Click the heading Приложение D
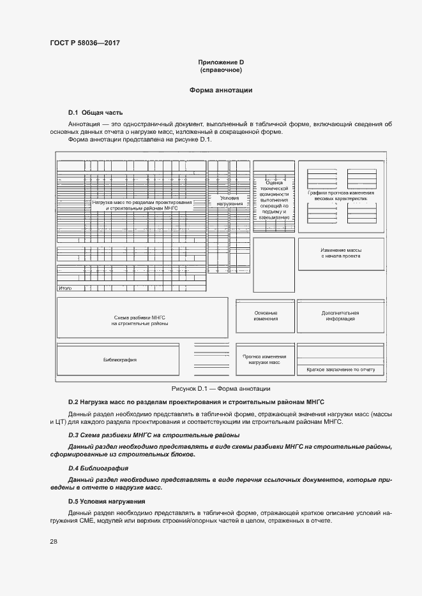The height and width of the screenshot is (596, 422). [x=221, y=62]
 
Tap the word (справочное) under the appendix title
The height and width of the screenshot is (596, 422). [x=221, y=69]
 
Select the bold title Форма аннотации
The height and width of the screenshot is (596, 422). [x=221, y=91]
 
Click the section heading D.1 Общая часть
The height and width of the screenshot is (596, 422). [x=95, y=112]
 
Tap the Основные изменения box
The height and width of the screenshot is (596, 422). [x=265, y=316]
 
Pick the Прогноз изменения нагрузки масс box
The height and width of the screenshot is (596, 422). [x=265, y=359]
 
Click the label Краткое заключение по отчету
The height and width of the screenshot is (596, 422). [x=340, y=370]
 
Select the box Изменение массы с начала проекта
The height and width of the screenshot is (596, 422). [x=340, y=253]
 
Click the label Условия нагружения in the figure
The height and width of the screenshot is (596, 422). [x=230, y=201]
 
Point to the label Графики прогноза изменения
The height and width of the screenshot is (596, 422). [x=340, y=193]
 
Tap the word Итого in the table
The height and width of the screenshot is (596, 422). [x=64, y=289]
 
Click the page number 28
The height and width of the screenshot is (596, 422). [x=54, y=542]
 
